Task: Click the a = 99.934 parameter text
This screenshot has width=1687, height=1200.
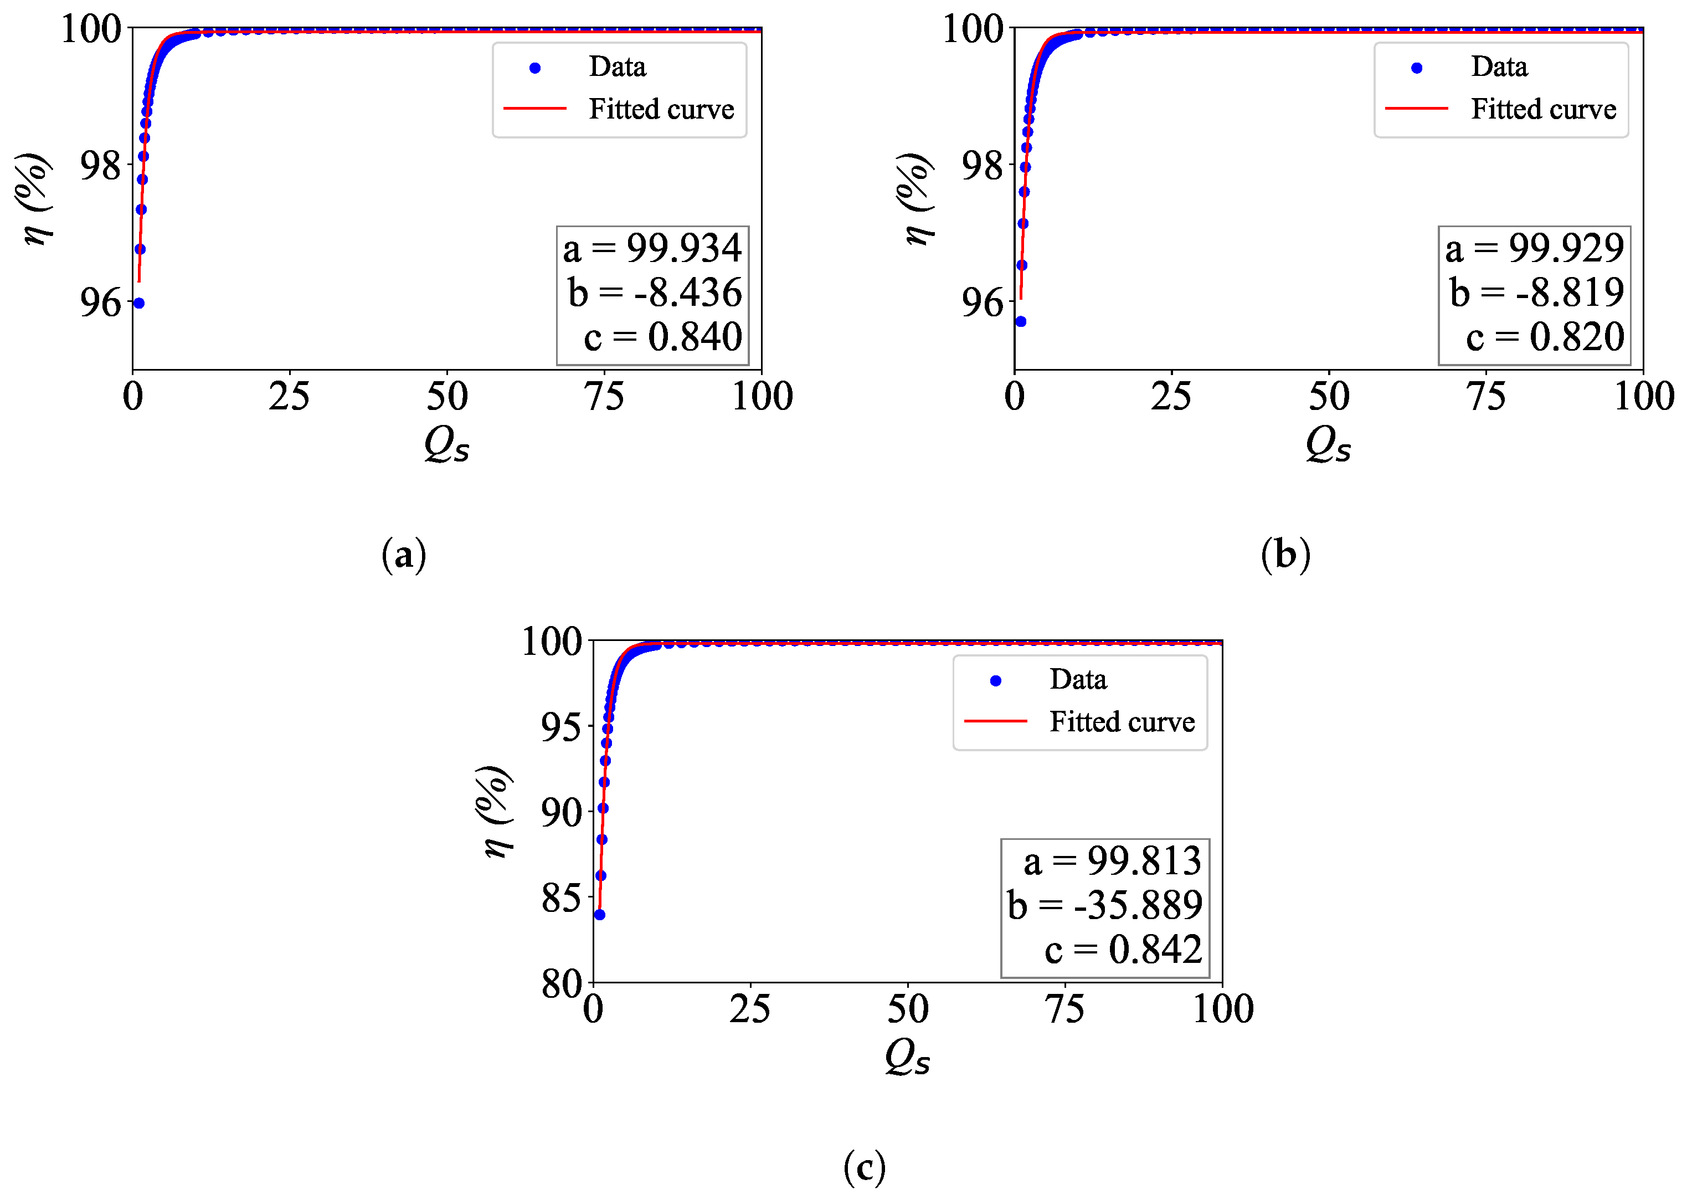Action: coord(652,248)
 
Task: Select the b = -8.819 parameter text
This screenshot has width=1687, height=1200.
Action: coord(1536,293)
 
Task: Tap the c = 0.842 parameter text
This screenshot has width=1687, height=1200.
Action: coord(1123,950)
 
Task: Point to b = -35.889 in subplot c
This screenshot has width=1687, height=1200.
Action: coord(1105,905)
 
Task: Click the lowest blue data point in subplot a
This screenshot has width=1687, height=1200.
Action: coord(139,303)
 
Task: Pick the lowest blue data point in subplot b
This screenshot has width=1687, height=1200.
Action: coord(1021,321)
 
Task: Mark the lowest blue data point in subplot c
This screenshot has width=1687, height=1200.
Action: coord(600,915)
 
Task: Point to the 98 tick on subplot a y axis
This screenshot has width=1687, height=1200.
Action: coord(100,166)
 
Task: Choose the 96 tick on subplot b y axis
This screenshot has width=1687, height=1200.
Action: coord(983,303)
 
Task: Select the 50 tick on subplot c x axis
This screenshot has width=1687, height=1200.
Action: coord(908,1009)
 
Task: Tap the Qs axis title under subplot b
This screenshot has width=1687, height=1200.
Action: coord(1328,445)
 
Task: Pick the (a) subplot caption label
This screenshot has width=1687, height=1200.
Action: coord(404,555)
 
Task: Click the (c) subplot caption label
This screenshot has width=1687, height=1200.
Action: coord(864,1167)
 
